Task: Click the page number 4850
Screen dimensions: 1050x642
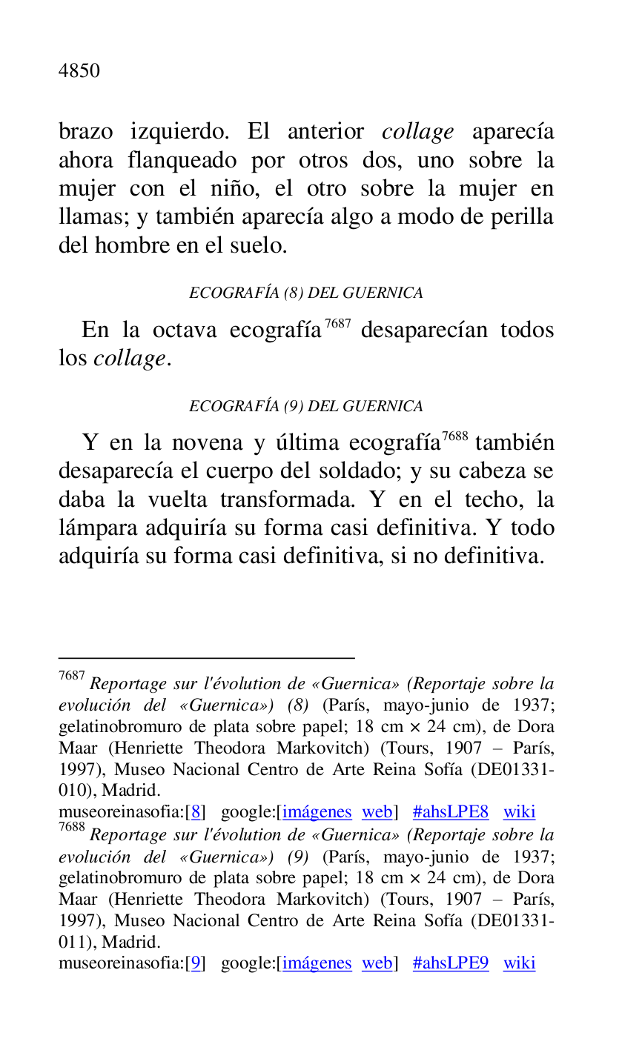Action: point(79,71)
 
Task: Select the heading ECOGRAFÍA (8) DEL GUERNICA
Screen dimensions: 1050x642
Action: point(306,293)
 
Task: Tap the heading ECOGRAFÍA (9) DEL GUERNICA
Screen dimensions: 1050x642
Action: point(306,406)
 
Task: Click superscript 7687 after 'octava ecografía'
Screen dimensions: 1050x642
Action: point(337,324)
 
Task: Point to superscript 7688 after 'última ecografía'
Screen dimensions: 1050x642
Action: point(454,436)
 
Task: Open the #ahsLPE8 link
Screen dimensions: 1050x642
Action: point(451,812)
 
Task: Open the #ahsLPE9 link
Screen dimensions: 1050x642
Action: point(451,963)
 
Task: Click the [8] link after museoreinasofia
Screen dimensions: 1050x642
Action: point(196,812)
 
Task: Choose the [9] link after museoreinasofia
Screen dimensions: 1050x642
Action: point(196,963)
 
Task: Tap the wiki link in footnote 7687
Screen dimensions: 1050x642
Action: point(519,812)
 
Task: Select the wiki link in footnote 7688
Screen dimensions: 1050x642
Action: point(519,963)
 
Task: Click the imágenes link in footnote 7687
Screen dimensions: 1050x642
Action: point(317,812)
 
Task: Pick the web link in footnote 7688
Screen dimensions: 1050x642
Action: point(377,963)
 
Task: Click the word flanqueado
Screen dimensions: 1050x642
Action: point(182,161)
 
